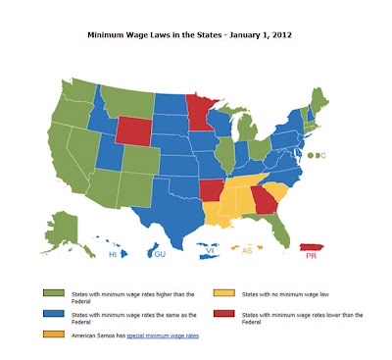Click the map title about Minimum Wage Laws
[196, 35]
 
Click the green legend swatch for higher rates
[47, 292]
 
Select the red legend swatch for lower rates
[222, 315]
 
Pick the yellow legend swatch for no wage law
[222, 292]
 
